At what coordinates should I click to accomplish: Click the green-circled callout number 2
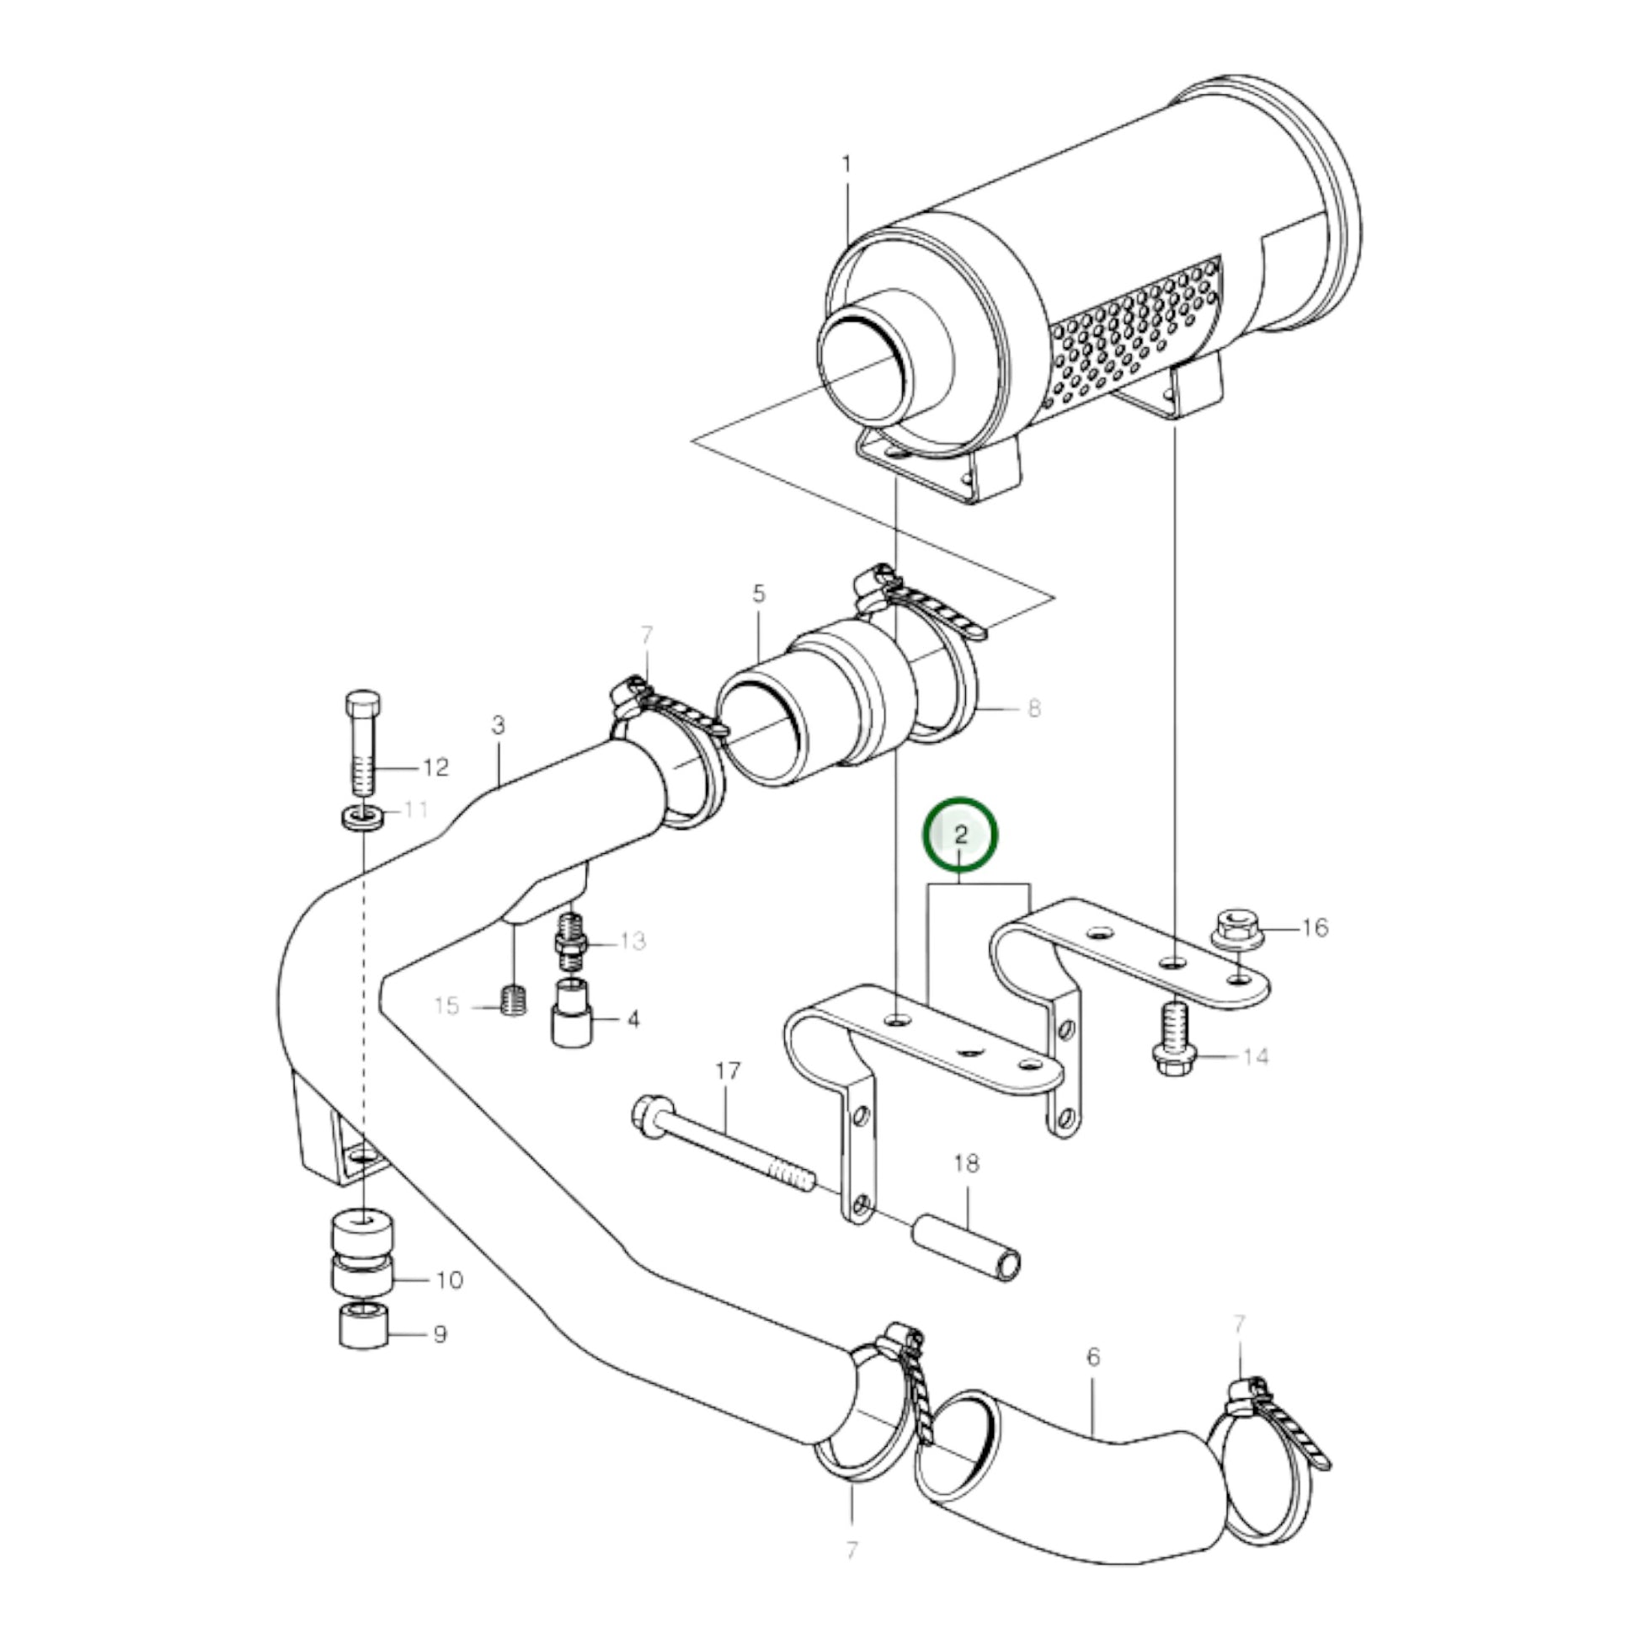point(960,835)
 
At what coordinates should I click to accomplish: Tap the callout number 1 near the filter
point(846,164)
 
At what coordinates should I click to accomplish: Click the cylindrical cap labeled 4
point(572,1015)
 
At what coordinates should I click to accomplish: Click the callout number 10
point(450,1279)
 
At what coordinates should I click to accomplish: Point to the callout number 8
point(1033,707)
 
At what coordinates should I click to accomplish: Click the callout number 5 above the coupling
point(758,593)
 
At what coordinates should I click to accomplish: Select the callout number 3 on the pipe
point(498,724)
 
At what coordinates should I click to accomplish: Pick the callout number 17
point(728,1070)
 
